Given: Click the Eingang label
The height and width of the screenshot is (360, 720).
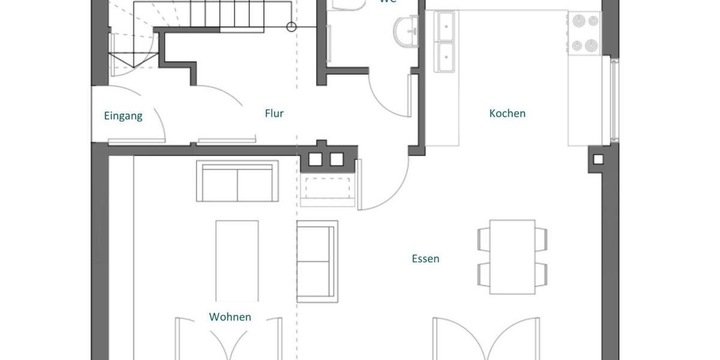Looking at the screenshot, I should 123,116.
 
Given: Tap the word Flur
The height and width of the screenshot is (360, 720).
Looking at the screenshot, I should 274,113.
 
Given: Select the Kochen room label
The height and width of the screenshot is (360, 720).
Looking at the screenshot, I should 507,113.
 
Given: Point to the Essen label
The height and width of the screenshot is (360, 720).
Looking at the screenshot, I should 425,259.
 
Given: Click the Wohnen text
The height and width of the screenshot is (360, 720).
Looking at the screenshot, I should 230,317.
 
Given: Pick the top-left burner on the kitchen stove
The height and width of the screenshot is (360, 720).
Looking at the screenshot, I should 578,21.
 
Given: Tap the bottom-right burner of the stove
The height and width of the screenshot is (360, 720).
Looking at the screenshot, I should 592,44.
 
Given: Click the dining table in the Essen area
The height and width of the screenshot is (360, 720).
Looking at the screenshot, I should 512,257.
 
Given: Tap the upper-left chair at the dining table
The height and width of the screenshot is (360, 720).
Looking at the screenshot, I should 484,239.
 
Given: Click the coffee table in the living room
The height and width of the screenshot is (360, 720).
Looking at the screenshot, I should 237,260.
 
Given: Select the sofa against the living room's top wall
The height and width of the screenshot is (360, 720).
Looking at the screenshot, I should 238,181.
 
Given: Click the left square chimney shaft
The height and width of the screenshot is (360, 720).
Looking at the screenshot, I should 316,159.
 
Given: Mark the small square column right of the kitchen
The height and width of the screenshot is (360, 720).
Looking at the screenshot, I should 598,160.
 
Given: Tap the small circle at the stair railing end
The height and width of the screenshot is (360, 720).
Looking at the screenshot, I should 292,26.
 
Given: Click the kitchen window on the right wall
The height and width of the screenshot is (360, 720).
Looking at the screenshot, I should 614,99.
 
